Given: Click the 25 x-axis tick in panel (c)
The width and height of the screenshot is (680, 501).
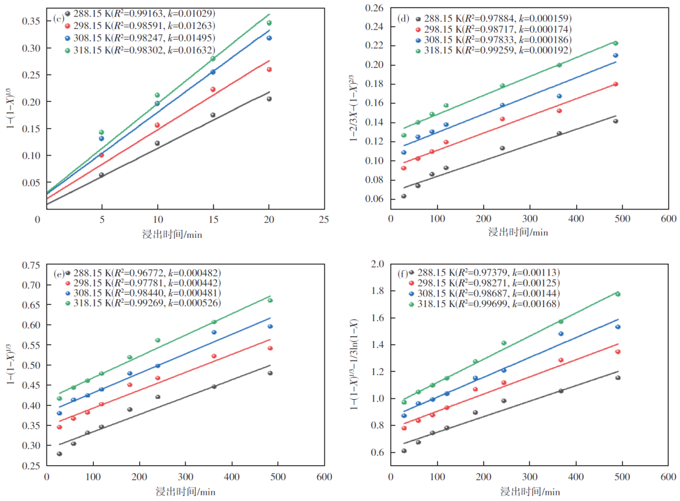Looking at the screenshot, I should (324, 220).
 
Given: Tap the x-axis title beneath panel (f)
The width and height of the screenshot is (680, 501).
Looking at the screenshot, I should (530, 491).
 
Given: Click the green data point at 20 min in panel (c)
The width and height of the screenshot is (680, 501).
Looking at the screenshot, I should (269, 23).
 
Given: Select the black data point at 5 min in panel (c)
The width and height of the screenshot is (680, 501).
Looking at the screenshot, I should (101, 175).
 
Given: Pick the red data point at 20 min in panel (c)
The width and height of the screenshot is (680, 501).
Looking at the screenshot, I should (269, 69).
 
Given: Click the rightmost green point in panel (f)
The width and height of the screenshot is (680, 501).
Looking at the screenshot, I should (618, 294).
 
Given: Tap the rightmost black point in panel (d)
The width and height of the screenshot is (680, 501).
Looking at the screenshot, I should (616, 121).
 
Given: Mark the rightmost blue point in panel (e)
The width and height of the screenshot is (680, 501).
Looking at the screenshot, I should (270, 326).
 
